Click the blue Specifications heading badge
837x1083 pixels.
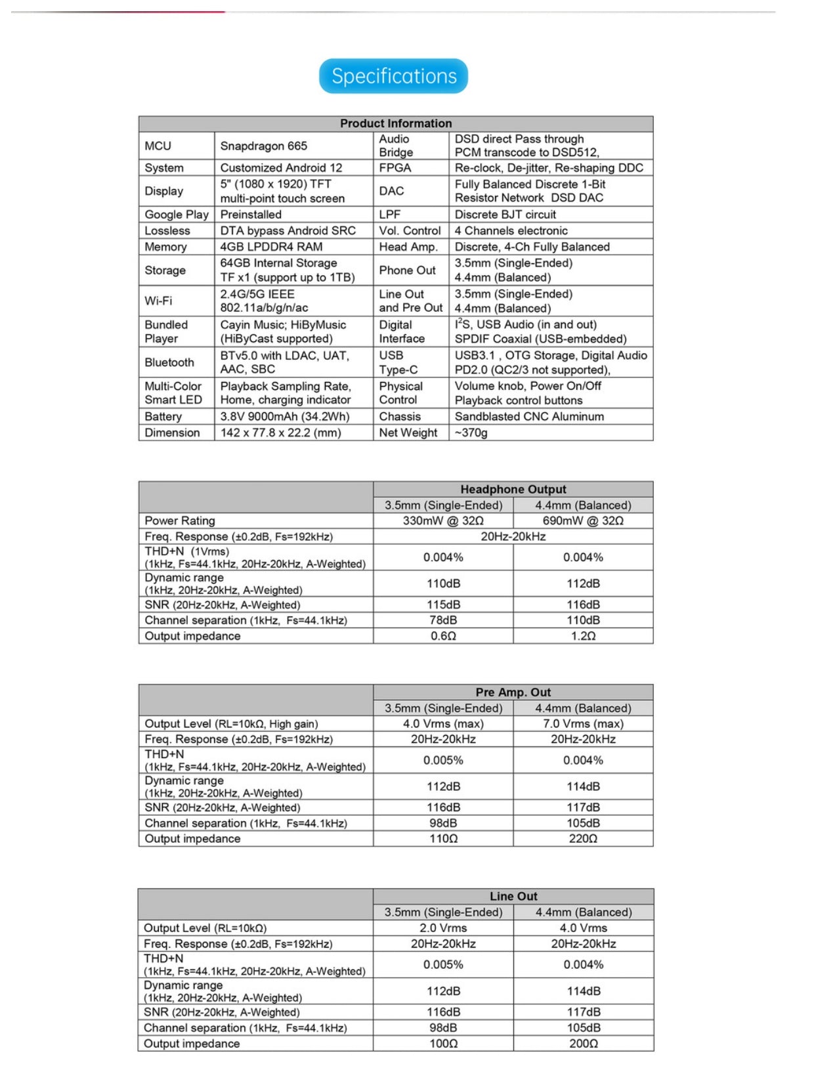click(393, 76)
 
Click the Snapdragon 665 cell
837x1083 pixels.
click(263, 146)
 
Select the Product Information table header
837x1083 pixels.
click(395, 123)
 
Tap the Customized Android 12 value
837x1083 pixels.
click(281, 168)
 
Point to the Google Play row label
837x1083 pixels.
click(177, 215)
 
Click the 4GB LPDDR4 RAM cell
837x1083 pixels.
click(271, 247)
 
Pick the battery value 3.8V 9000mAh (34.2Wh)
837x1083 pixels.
click(284, 417)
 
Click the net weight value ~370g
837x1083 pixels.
click(471, 433)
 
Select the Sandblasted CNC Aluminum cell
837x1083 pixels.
click(529, 417)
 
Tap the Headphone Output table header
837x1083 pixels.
click(513, 489)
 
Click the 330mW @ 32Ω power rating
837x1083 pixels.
click(443, 520)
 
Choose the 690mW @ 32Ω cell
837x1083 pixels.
click(583, 520)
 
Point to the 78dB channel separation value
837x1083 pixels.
click(443, 620)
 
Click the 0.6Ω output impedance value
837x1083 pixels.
click(443, 636)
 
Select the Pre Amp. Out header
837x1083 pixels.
click(513, 692)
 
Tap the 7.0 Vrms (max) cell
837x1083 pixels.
click(583, 723)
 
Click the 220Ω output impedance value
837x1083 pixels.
click(583, 839)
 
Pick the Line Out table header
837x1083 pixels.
click(513, 896)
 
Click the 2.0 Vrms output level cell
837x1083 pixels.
click(443, 928)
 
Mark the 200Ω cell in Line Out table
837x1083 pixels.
click(583, 1044)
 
